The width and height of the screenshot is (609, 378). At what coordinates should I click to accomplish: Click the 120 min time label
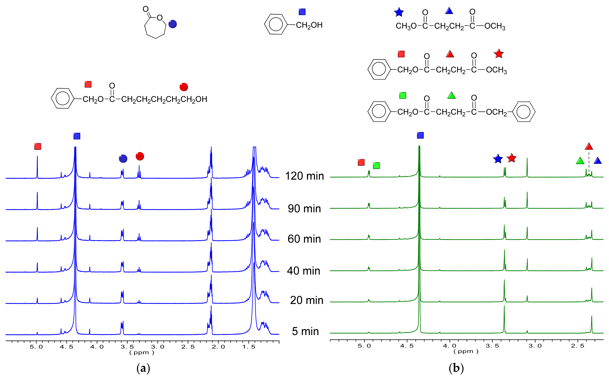(x=304, y=176)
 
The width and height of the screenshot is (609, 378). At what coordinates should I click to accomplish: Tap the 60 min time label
(x=304, y=239)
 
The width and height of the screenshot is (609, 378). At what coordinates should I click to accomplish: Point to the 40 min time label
(x=303, y=271)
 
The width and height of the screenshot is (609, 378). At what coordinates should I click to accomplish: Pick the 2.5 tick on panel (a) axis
(x=188, y=347)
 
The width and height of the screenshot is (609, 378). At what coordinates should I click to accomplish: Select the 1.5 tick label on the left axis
(x=249, y=347)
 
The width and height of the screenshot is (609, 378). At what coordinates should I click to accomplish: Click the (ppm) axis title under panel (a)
(x=142, y=353)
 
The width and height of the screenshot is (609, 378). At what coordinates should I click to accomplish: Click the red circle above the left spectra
(x=140, y=156)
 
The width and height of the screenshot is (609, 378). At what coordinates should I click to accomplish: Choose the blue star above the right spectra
(x=498, y=159)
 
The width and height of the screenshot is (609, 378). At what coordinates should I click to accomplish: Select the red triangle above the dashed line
(x=589, y=146)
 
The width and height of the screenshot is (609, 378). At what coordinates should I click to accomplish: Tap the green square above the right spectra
(x=376, y=165)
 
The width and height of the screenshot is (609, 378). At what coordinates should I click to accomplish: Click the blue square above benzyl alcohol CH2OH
(x=302, y=12)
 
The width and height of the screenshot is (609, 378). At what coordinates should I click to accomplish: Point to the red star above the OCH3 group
(x=499, y=53)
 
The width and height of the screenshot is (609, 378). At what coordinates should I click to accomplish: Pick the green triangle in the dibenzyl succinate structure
(x=451, y=96)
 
